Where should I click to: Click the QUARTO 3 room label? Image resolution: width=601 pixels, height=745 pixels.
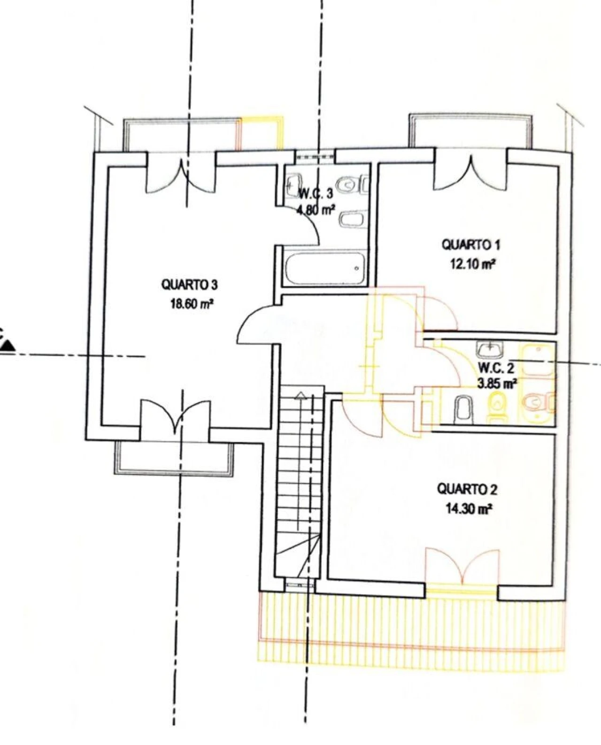[x=190, y=285]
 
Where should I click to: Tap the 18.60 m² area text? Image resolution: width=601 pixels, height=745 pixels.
[x=191, y=304]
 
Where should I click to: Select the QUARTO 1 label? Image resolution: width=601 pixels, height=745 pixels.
[x=471, y=245]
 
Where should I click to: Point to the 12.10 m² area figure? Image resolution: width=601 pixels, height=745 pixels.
[x=472, y=264]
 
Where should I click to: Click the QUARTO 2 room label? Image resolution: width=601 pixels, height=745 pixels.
[x=467, y=490]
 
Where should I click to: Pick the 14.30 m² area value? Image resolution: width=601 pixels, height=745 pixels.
[x=468, y=509]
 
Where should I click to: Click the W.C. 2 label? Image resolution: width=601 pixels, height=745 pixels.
[x=496, y=368]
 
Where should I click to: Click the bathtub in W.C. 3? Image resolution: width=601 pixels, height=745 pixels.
[x=324, y=269]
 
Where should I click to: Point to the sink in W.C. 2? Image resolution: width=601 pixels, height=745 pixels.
[x=490, y=349]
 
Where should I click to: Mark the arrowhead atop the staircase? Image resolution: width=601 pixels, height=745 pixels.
[x=300, y=395]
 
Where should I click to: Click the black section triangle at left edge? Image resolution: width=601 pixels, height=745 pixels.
[x=7, y=345]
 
